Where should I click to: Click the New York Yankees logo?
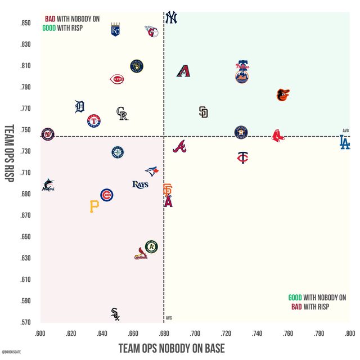[171, 18]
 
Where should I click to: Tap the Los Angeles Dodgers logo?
[344, 142]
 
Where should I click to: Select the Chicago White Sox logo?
[115, 314]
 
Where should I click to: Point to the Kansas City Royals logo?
[115, 30]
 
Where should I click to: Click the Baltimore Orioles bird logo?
[282, 95]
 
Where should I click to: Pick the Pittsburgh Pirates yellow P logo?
[94, 207]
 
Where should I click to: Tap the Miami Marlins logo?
[48, 185]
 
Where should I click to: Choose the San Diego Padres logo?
[203, 112]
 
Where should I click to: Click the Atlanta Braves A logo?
[179, 147]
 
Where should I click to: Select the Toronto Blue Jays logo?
[151, 172]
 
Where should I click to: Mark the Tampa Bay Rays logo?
[140, 184]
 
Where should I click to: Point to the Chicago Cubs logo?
[106, 195]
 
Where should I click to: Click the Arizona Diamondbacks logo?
[184, 71]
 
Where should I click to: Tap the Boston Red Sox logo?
[278, 136]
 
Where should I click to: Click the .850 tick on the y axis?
[25, 23]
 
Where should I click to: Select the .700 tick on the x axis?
[195, 332]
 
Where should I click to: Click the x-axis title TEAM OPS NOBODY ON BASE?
[172, 348]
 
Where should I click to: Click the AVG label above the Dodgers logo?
[345, 130]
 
